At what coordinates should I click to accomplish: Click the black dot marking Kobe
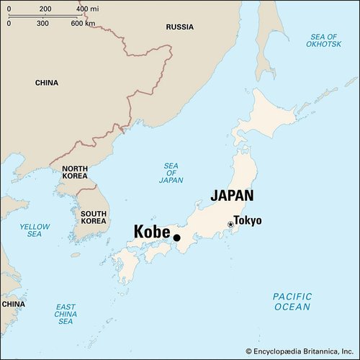pos(176,238)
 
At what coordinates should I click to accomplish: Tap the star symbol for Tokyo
pos(230,225)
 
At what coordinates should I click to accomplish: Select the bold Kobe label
pos(151,233)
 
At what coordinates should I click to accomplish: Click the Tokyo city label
pos(248,221)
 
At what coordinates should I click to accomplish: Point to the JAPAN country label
pos(232,195)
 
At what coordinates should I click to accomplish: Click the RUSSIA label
pos(179,27)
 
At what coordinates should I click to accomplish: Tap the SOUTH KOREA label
pos(94,217)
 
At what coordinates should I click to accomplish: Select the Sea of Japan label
pos(171,173)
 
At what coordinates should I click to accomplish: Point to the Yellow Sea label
pos(35,230)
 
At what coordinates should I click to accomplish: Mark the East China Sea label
pos(66,314)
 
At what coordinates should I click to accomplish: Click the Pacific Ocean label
pos(292,302)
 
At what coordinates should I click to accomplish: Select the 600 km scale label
pos(84,23)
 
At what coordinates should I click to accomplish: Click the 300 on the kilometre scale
pos(42,23)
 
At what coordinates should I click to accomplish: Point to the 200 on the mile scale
pos(45,9)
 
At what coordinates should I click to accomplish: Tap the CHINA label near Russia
pos(47,83)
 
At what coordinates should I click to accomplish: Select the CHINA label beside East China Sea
pos(12,305)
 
